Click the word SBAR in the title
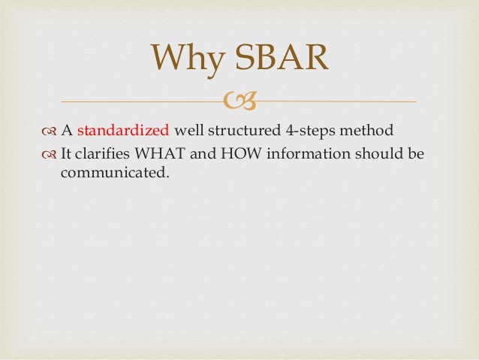pyautogui.click(x=281, y=59)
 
